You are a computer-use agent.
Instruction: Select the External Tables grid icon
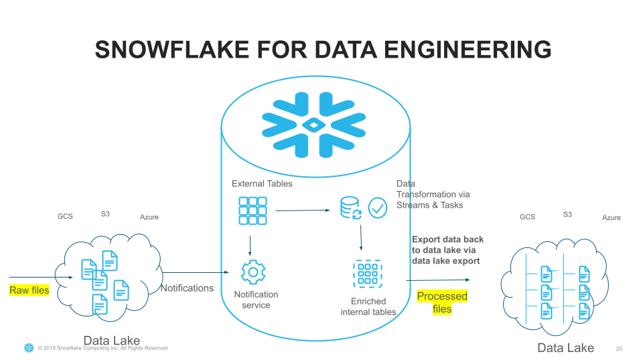[x=253, y=210]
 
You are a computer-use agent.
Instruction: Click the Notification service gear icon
[x=253, y=272]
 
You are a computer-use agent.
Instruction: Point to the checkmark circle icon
[x=378, y=208]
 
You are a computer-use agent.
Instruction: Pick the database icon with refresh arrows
[x=350, y=208]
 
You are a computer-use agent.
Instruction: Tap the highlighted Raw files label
[x=29, y=290]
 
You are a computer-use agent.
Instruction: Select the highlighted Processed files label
[x=442, y=302]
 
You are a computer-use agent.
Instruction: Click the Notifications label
[x=187, y=288]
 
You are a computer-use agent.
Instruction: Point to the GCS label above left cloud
[x=65, y=217]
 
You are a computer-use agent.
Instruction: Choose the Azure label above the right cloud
[x=611, y=218]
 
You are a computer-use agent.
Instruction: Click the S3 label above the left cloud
[x=105, y=214]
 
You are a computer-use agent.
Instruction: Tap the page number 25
[x=619, y=349]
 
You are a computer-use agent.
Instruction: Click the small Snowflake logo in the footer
[x=29, y=348]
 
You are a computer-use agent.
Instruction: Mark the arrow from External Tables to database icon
[x=303, y=210]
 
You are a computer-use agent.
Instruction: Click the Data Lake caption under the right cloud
[x=565, y=348]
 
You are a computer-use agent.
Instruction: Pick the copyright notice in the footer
[x=102, y=348]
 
